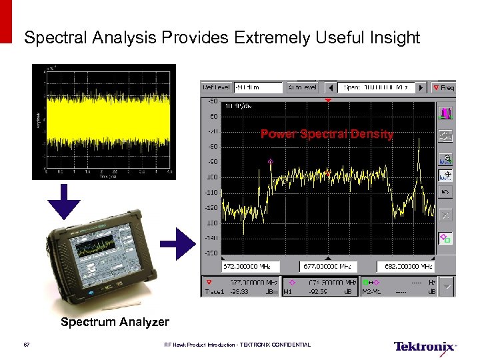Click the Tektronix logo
(425, 347)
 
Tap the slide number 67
(27, 345)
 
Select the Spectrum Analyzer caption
(115, 322)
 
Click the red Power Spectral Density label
(327, 134)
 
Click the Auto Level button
(303, 87)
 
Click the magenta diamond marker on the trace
(270, 161)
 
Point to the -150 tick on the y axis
(211, 253)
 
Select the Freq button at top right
(443, 87)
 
